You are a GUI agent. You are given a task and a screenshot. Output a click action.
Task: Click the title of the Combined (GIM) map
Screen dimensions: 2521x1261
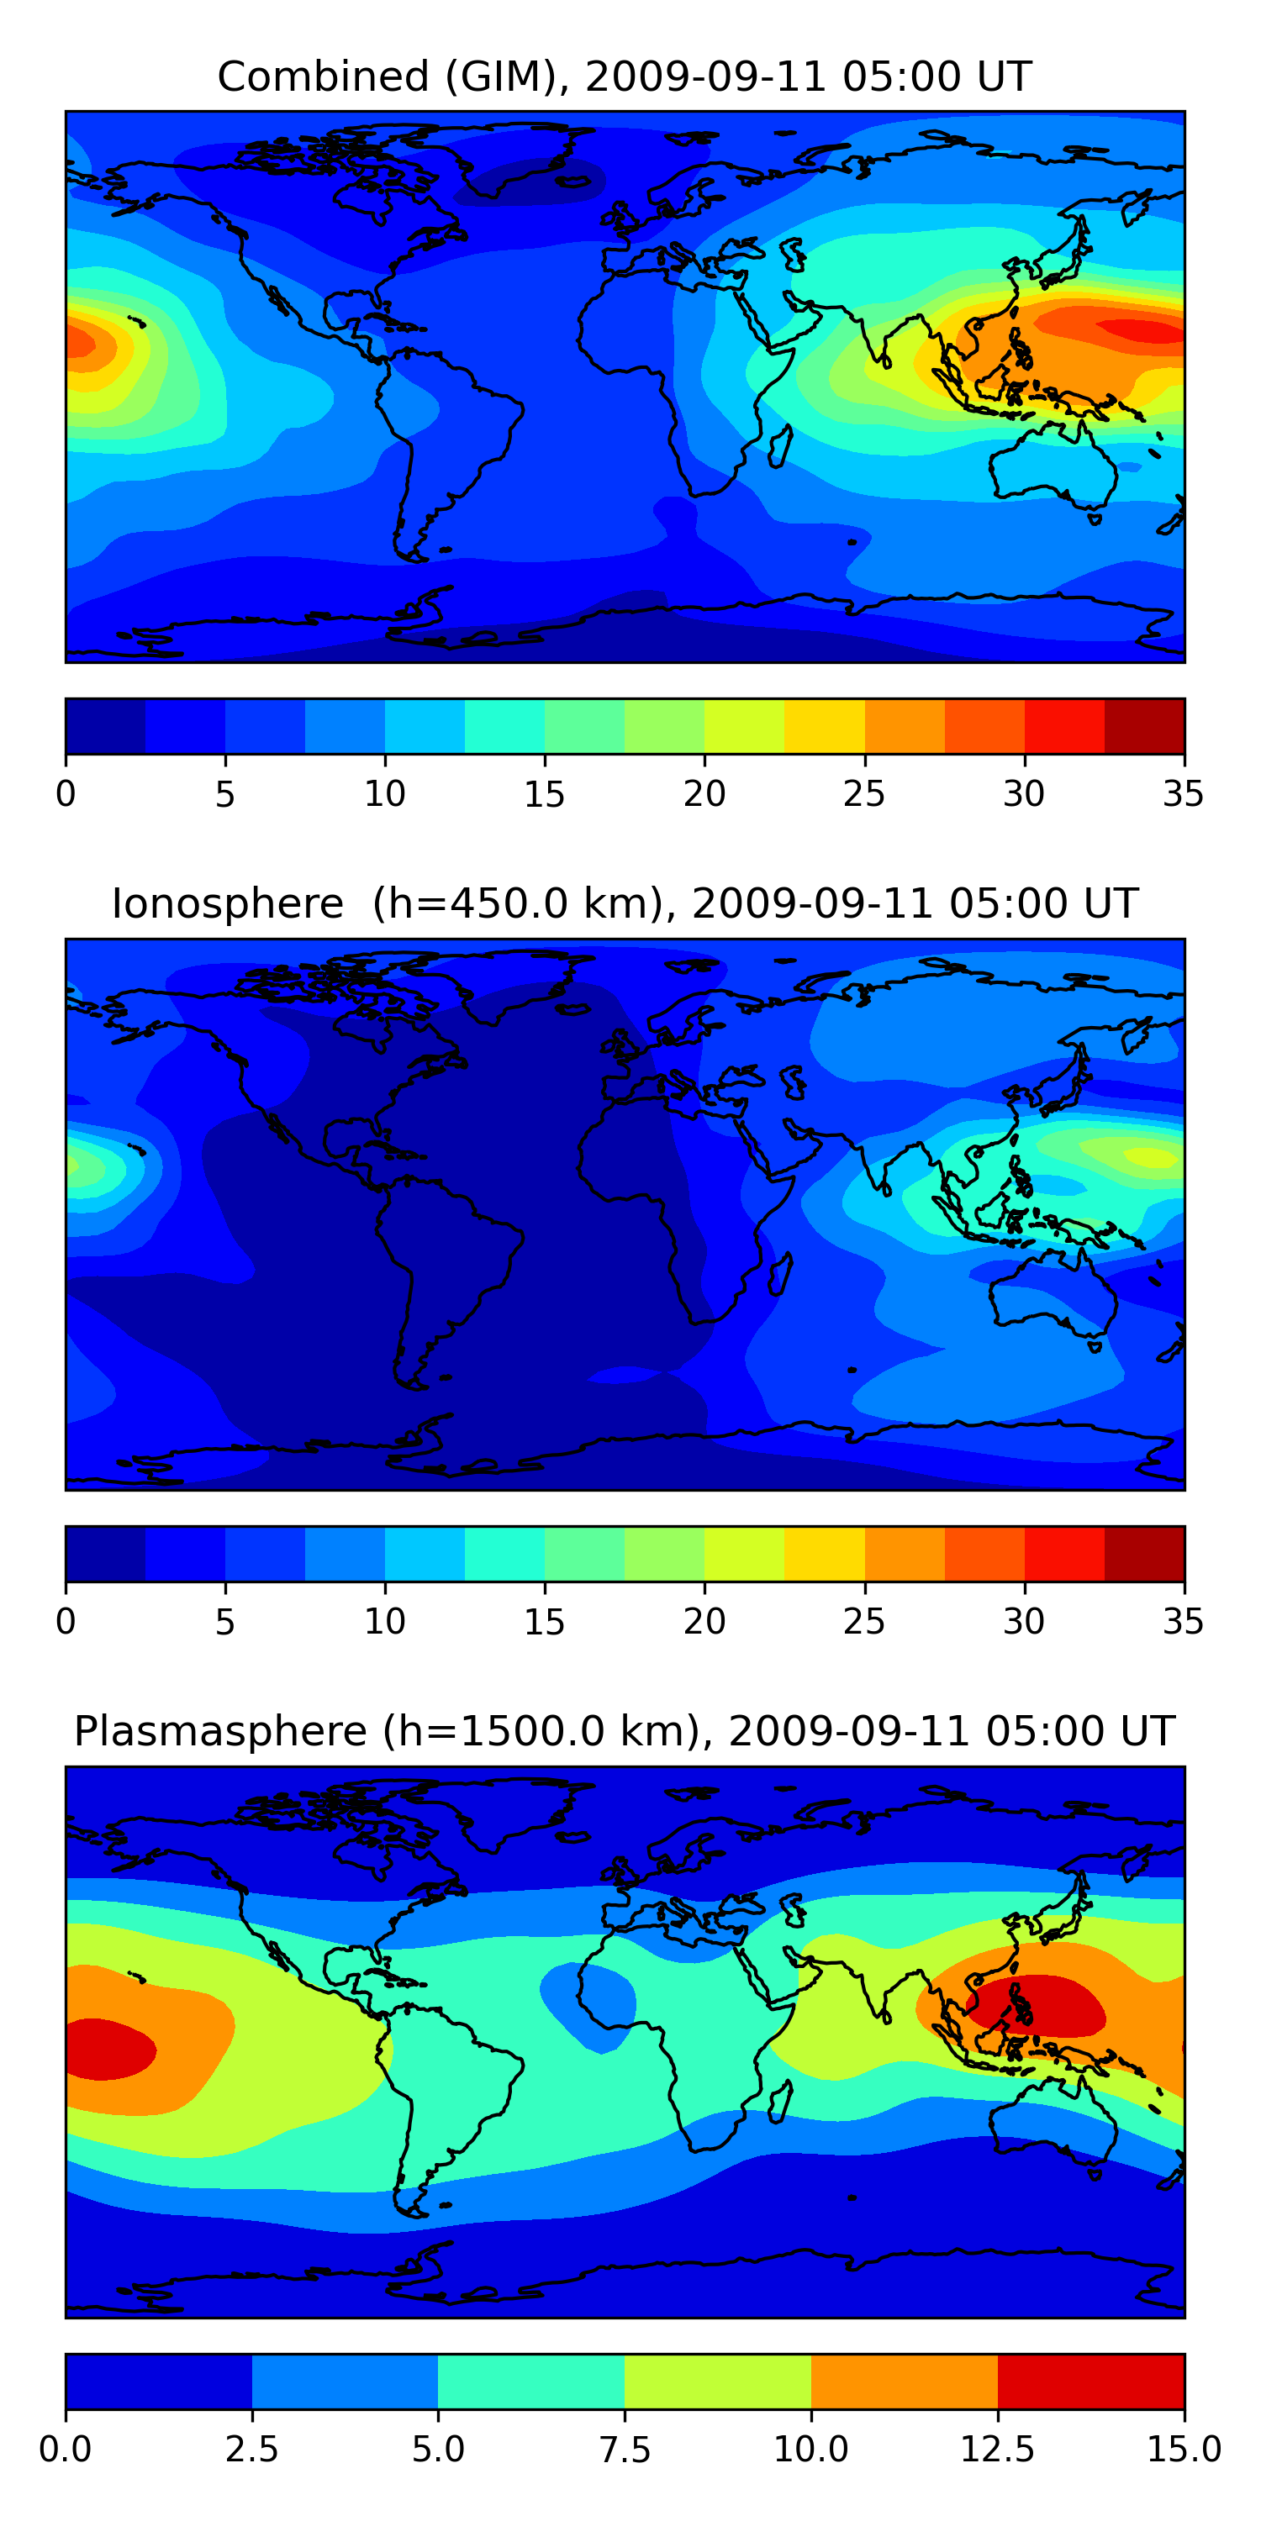(x=625, y=76)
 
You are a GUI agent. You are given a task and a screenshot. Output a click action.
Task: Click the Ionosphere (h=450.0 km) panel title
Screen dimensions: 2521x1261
(x=625, y=903)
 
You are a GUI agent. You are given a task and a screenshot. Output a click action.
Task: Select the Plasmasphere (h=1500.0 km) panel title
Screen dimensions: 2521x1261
(x=625, y=1731)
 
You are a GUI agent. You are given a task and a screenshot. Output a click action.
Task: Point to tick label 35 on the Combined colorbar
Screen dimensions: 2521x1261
(x=1183, y=793)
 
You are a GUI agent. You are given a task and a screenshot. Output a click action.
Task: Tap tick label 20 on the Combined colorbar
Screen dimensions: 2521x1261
(x=704, y=793)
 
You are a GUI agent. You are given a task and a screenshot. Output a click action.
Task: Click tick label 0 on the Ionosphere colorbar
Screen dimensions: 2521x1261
(x=66, y=1622)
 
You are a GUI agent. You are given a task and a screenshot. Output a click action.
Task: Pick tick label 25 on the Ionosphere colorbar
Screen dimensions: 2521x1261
(x=863, y=1622)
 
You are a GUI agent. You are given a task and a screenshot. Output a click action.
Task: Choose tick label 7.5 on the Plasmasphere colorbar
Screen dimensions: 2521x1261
(x=625, y=2450)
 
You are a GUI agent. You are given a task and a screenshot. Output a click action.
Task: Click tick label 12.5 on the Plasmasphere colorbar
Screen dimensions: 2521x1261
(x=997, y=2450)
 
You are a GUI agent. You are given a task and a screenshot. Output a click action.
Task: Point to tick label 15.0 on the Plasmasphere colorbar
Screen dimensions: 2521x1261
(x=1183, y=2450)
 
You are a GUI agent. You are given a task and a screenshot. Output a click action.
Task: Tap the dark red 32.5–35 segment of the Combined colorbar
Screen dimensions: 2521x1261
(x=1143, y=726)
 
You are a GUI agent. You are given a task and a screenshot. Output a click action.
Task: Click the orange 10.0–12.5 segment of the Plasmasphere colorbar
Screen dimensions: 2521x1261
(x=904, y=2381)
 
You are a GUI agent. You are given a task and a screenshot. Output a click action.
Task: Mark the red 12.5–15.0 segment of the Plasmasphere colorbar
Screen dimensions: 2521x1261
(x=1090, y=2381)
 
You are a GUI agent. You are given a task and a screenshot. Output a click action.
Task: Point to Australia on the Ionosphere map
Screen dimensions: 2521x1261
(x=1053, y=1297)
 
